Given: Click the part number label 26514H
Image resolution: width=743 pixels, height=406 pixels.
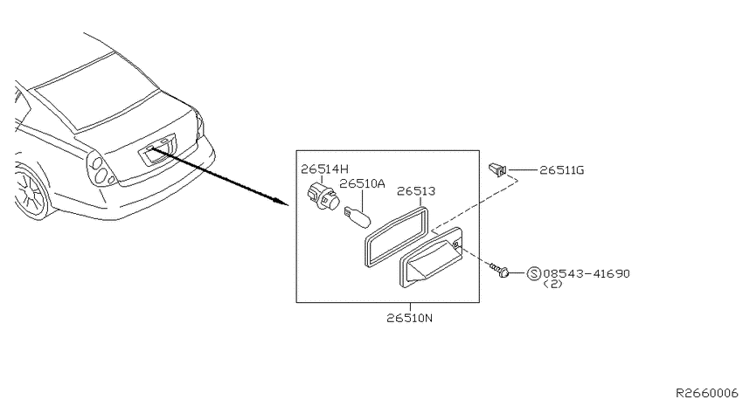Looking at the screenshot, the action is (x=324, y=169).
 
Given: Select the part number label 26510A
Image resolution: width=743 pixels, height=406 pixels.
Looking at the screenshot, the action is (x=363, y=183).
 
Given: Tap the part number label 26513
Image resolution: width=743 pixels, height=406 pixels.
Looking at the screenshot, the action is (x=416, y=191).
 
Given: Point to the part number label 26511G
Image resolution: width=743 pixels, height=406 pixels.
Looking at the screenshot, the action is (x=562, y=170).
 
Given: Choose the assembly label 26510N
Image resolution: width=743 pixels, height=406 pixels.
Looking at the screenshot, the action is (x=409, y=318).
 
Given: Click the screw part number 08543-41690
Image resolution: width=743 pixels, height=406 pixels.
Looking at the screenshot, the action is (x=587, y=273).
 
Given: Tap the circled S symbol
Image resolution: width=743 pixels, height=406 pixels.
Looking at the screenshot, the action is (x=533, y=273).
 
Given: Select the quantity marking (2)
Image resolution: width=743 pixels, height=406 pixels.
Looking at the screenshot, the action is (x=552, y=284).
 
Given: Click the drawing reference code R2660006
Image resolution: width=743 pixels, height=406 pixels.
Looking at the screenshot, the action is (x=707, y=393).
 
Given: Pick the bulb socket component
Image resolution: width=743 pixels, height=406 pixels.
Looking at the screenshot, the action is (x=323, y=197).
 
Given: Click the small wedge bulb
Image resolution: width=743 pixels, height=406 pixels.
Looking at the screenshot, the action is (x=357, y=217).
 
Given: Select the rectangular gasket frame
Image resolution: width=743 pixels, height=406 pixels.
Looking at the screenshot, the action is (x=397, y=237).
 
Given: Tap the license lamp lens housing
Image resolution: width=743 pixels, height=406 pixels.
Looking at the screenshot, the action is (x=431, y=258).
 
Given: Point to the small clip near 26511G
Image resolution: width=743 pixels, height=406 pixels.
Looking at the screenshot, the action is (x=497, y=169).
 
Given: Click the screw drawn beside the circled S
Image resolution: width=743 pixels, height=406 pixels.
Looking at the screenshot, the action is (x=499, y=270).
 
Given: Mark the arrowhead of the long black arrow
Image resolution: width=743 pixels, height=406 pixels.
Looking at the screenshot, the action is (x=283, y=203).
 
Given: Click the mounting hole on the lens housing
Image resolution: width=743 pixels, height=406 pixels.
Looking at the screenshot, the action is (x=455, y=244).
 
